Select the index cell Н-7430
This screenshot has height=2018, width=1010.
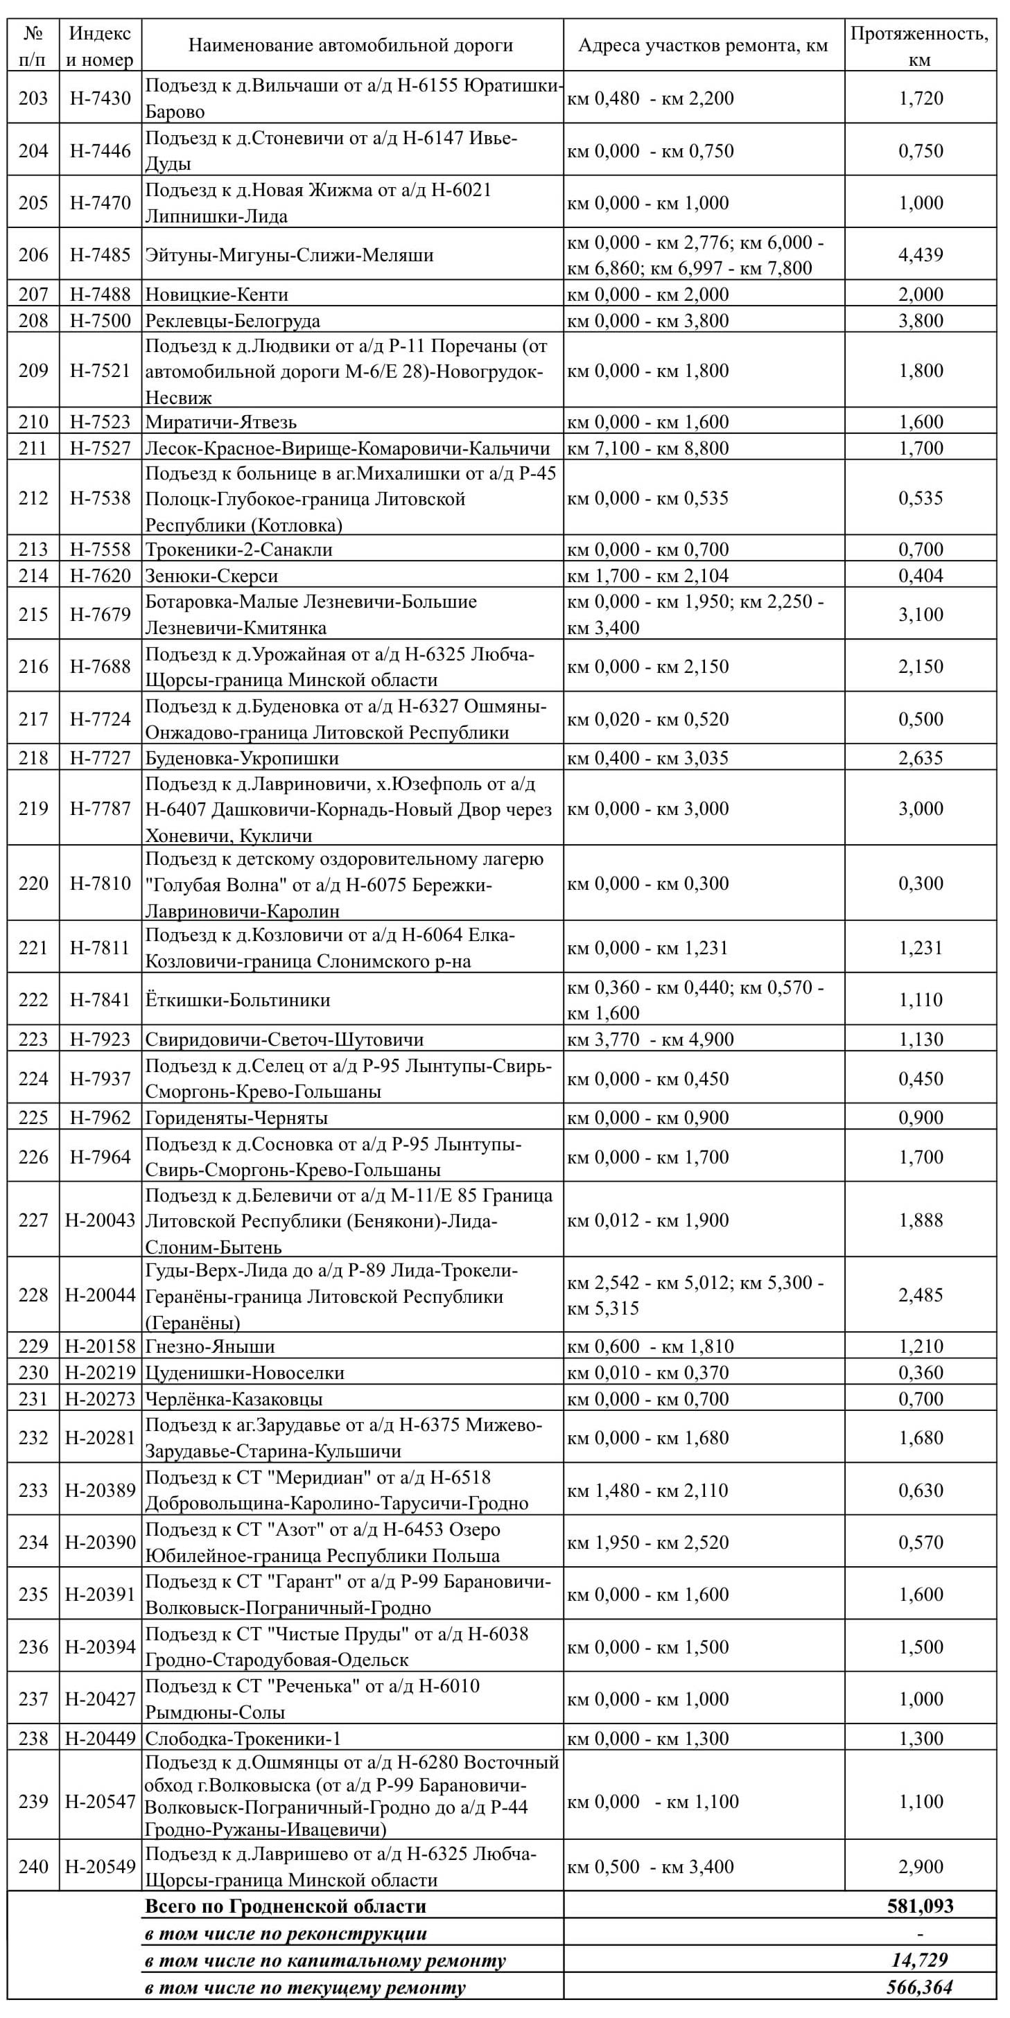101,98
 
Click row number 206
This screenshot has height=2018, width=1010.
33,254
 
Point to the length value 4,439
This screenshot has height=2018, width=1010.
921,254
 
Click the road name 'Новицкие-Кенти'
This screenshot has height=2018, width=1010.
217,295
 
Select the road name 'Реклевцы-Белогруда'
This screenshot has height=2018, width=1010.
233,320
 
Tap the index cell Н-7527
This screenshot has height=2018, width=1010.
101,448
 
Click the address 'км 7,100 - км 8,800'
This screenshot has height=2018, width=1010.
648,448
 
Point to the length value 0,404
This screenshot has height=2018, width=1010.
921,576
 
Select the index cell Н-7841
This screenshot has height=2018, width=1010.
101,999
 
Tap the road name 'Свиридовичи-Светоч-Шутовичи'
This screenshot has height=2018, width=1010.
284,1039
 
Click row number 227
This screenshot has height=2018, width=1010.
33,1220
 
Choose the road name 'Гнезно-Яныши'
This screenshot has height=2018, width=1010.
210,1346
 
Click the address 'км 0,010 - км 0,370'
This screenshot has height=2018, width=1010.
648,1373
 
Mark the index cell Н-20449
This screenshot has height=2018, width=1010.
101,1738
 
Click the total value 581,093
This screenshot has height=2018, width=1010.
921,1906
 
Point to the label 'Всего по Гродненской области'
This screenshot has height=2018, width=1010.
286,1906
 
